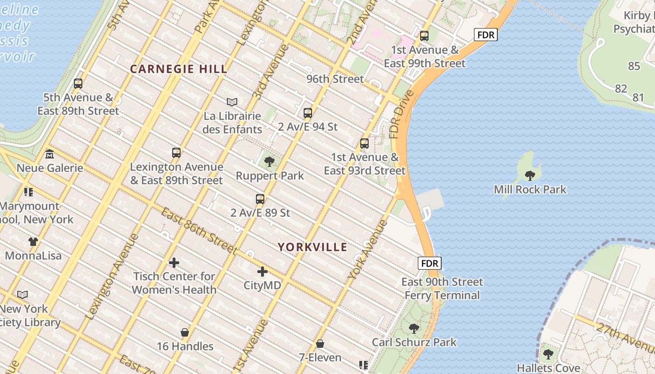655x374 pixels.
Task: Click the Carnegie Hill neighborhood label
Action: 178,69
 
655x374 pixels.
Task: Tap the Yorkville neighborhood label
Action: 313,247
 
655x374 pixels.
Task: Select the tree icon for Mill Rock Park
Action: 530,176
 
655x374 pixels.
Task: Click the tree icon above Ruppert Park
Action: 269,162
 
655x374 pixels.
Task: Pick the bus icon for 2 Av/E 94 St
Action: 307,113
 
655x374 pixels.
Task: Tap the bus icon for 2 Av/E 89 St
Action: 260,199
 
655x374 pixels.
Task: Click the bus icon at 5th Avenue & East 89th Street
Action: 78,84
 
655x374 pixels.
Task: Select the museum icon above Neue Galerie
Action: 50,154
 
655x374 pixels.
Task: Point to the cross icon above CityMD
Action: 262,272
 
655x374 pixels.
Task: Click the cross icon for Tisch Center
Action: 174,263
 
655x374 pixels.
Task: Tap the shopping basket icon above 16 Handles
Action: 185,333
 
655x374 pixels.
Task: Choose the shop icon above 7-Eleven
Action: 320,344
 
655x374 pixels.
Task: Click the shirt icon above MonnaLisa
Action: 33,242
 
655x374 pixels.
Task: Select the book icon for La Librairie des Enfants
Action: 232,102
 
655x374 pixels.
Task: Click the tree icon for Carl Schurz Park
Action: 414,328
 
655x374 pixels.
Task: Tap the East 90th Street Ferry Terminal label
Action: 442,288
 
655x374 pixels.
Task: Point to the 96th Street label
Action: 335,79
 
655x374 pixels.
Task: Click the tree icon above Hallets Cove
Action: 548,354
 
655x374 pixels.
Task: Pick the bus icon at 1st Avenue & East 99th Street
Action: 424,36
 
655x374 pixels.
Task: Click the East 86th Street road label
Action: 199,231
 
